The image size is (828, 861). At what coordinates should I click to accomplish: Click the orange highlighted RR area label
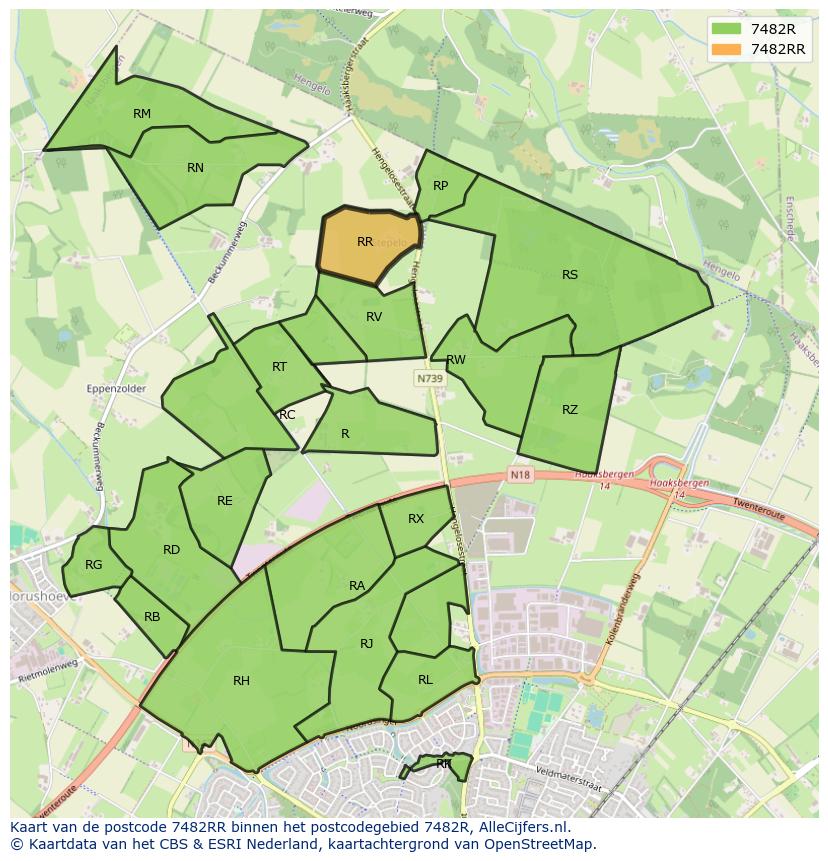pyautogui.click(x=365, y=242)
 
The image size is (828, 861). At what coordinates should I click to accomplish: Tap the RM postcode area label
pyautogui.click(x=142, y=114)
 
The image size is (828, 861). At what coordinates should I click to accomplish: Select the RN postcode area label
pyautogui.click(x=195, y=168)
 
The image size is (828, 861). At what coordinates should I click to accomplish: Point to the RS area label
pyautogui.click(x=570, y=275)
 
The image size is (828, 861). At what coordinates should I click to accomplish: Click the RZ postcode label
pyautogui.click(x=570, y=410)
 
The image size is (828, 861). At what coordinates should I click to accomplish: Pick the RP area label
pyautogui.click(x=440, y=186)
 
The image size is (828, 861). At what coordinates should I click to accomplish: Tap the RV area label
pyautogui.click(x=374, y=317)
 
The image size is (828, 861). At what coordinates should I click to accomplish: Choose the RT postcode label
pyautogui.click(x=279, y=367)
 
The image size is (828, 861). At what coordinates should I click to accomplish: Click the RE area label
pyautogui.click(x=225, y=501)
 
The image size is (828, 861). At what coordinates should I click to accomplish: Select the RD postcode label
pyautogui.click(x=171, y=550)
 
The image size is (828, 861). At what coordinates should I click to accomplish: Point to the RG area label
pyautogui.click(x=93, y=565)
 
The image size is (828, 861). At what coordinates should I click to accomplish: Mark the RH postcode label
pyautogui.click(x=241, y=681)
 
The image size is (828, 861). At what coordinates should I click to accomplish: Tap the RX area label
pyautogui.click(x=416, y=519)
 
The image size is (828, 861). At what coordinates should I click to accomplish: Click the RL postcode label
pyautogui.click(x=425, y=680)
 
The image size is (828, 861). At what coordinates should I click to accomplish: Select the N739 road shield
pyautogui.click(x=430, y=379)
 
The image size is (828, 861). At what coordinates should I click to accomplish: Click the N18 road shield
pyautogui.click(x=519, y=474)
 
